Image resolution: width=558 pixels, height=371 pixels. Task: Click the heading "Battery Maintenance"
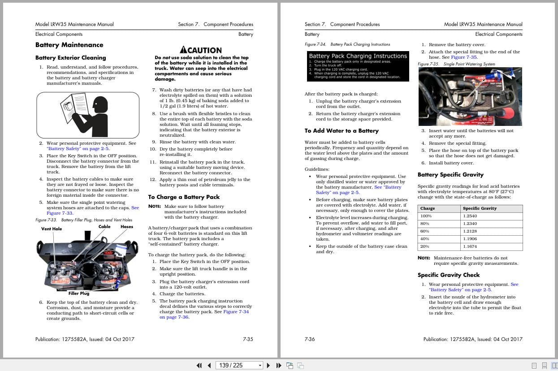[x=69, y=45]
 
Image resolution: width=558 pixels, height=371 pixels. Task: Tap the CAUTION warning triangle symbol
[x=183, y=50]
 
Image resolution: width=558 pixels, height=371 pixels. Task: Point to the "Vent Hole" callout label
[x=52, y=229]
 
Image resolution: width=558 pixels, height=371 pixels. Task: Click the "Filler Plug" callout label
[x=79, y=293]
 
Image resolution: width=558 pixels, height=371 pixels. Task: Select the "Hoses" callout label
[x=127, y=227]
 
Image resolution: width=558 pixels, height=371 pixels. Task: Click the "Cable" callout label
[x=104, y=227]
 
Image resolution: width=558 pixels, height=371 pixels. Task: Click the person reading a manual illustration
[x=87, y=115]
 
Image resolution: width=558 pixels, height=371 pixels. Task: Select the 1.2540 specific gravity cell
[x=470, y=216]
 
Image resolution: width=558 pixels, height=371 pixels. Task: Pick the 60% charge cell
[x=424, y=231]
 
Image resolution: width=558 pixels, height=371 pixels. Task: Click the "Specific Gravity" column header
[x=480, y=208]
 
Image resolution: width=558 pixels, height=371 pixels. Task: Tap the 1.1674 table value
[x=470, y=246]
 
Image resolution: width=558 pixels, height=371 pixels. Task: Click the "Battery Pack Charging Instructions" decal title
[x=358, y=56]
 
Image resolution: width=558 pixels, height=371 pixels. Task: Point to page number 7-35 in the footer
[x=248, y=339]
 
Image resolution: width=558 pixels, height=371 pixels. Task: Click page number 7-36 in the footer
[x=310, y=339]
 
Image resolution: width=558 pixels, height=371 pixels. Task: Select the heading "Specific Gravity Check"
[x=449, y=275]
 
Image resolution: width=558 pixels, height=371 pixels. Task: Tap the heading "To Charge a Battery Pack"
[x=184, y=197]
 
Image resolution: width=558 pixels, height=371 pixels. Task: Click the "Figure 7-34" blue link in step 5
[x=236, y=312]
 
